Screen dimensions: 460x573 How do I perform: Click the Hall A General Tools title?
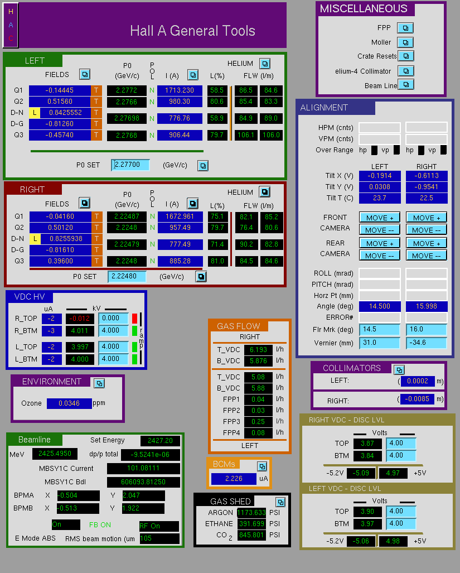(x=192, y=31)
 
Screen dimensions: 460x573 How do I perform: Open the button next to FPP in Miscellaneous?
(x=405, y=28)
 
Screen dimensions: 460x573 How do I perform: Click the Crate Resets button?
(x=405, y=56)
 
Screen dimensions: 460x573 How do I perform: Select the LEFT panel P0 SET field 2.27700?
(x=130, y=165)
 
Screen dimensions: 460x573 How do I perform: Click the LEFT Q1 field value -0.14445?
(x=60, y=90)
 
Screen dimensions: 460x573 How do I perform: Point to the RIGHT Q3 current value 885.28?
(x=180, y=261)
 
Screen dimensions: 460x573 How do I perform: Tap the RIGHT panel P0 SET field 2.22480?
(x=127, y=276)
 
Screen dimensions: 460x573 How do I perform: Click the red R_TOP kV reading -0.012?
(x=80, y=318)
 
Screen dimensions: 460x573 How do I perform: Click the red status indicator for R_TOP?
(x=134, y=318)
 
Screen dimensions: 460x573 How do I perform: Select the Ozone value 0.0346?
(x=69, y=403)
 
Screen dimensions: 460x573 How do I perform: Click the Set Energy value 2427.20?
(x=160, y=441)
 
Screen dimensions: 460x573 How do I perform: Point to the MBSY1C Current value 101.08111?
(x=143, y=468)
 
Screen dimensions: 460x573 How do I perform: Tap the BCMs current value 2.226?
(x=234, y=479)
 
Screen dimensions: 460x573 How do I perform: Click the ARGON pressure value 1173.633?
(x=251, y=513)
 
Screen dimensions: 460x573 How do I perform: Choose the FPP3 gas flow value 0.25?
(x=258, y=422)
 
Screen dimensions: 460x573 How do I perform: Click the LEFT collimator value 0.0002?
(x=418, y=381)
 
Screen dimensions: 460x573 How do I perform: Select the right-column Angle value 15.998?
(x=427, y=306)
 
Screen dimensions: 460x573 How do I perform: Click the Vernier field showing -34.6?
(x=427, y=343)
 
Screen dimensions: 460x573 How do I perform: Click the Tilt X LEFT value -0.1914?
(x=380, y=176)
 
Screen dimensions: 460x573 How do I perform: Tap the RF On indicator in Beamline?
(x=159, y=526)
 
